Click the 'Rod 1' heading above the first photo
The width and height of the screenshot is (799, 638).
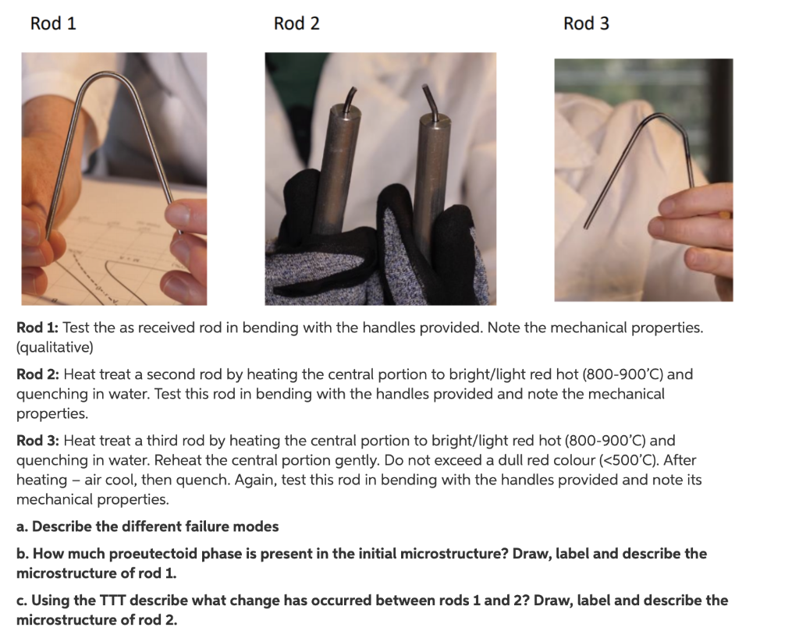[x=53, y=23]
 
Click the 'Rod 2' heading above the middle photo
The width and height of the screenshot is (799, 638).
[x=297, y=23]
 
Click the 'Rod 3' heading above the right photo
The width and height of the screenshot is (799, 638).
[x=586, y=23]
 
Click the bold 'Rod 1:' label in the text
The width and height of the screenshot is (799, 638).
[x=37, y=328]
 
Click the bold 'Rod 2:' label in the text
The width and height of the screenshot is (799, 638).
[x=38, y=374]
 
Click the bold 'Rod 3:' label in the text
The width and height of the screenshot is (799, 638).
[x=38, y=441]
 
